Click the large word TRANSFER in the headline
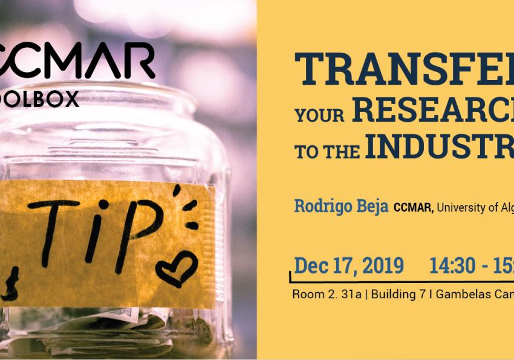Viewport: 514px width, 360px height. [403, 70]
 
